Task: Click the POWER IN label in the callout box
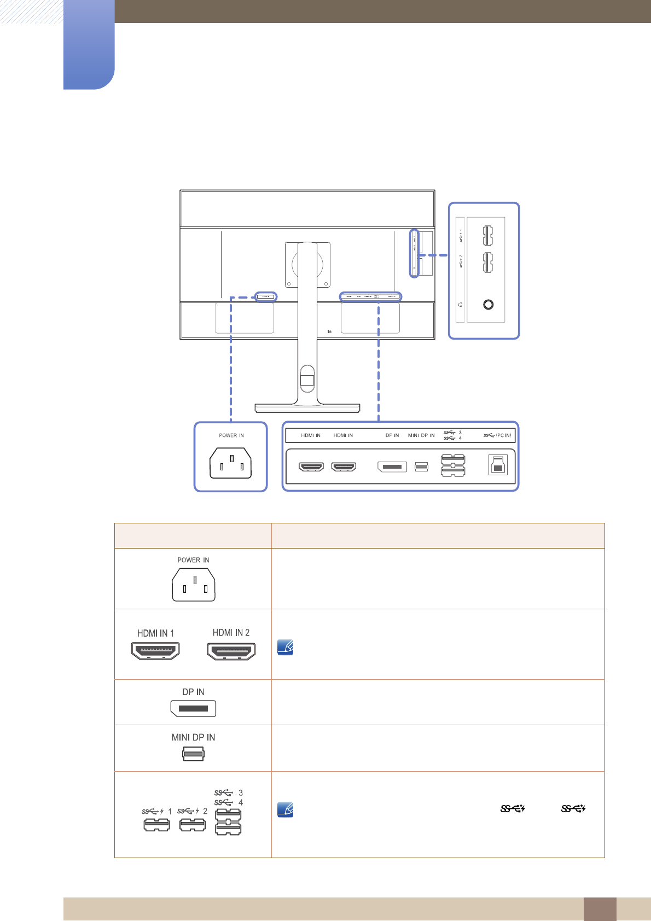tap(231, 435)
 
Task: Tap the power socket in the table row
tap(194, 585)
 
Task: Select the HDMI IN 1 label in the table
tap(155, 633)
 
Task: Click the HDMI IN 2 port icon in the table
tap(231, 651)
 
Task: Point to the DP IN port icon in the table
tap(193, 708)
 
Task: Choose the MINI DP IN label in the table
tap(193, 737)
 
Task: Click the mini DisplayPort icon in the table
tap(193, 754)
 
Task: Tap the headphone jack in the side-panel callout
tap(489, 304)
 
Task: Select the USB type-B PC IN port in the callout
tap(497, 465)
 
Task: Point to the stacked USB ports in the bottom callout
tap(453, 465)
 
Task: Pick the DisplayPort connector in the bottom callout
tap(392, 467)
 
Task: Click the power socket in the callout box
tap(231, 463)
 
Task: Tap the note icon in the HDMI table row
tap(286, 648)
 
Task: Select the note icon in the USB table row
tap(286, 810)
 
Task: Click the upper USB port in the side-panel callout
tap(487, 236)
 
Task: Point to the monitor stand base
tap(307, 408)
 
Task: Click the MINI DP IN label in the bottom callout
tap(421, 435)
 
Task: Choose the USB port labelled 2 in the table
tap(193, 824)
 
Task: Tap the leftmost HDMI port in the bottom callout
tap(311, 467)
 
